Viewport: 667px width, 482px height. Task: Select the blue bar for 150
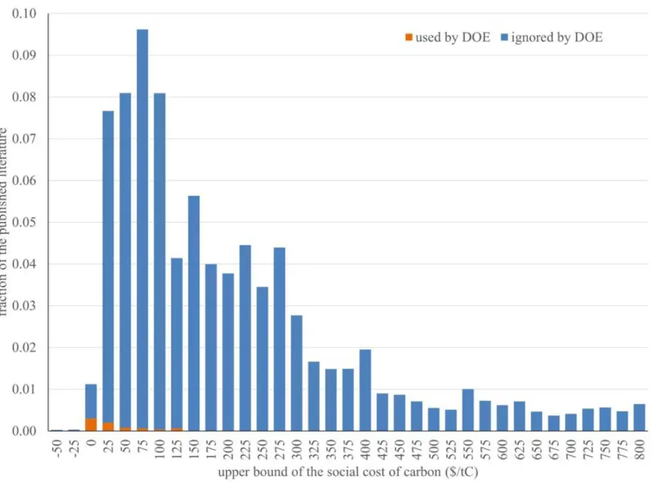tap(193, 313)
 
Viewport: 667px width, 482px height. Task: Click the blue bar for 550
tap(468, 410)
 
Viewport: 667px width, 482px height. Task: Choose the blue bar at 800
tap(639, 417)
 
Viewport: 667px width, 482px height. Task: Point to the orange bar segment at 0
tap(91, 425)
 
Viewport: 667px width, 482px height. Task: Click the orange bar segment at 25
tap(108, 427)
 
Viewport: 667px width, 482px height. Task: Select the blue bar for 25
tap(108, 267)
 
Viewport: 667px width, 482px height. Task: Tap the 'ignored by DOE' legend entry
tap(556, 37)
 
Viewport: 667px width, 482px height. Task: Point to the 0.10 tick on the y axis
tap(25, 14)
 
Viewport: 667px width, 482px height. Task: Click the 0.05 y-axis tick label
tap(25, 223)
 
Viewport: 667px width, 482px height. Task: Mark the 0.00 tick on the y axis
tap(25, 431)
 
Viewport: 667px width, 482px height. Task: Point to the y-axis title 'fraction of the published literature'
tap(5, 220)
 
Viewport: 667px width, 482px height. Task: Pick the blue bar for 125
tap(176, 343)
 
